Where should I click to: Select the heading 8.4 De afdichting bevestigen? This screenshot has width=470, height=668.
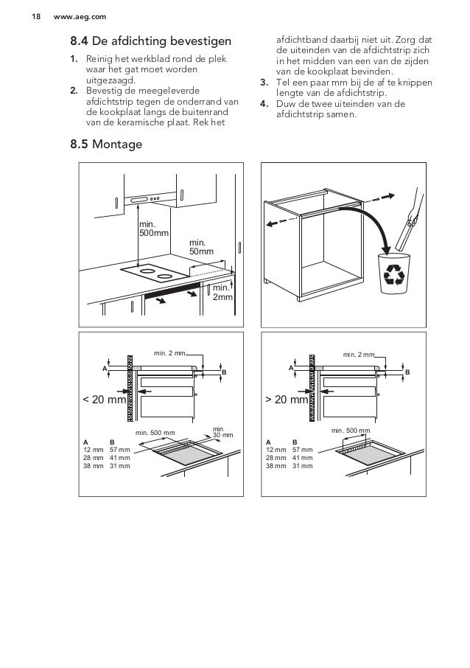click(x=150, y=38)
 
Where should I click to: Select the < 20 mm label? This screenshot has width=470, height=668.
click(x=104, y=401)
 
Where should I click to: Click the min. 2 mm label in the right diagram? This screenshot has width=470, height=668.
click(x=359, y=355)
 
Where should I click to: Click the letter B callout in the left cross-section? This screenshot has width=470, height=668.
click(x=224, y=373)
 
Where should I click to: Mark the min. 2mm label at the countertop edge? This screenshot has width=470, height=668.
click(x=222, y=292)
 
